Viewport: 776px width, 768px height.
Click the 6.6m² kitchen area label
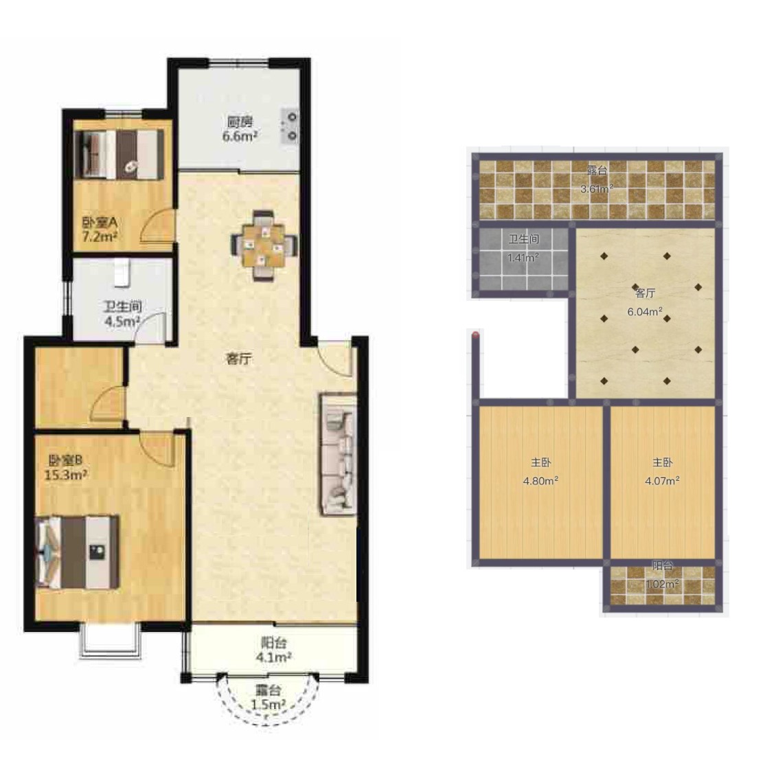240,137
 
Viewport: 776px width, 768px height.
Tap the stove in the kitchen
290,126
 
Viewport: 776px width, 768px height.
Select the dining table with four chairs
264,246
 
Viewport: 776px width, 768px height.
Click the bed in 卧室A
119,154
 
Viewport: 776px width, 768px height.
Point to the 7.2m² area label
100,237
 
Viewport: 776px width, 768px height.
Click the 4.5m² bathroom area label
122,321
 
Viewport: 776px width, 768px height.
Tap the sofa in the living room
339,454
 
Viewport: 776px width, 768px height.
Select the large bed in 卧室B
77,552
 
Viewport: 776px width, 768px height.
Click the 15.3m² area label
66,475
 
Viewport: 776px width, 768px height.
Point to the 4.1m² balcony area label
273,657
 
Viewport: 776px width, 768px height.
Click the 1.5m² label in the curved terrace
268,705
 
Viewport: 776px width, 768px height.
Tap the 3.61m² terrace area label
597,189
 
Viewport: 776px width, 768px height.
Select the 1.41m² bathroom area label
523,258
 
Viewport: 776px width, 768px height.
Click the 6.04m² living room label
645,311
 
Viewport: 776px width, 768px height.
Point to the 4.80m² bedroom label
541,480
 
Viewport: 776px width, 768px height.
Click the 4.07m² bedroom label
662,480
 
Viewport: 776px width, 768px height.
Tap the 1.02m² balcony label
662,584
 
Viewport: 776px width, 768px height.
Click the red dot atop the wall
476,335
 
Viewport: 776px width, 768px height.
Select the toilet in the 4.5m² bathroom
122,273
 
